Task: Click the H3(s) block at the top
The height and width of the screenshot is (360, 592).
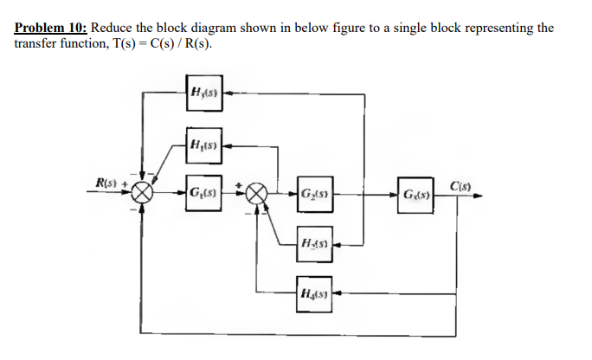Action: pos(204,90)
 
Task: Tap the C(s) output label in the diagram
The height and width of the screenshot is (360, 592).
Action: pos(461,183)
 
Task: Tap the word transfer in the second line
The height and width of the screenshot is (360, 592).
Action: pos(35,44)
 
